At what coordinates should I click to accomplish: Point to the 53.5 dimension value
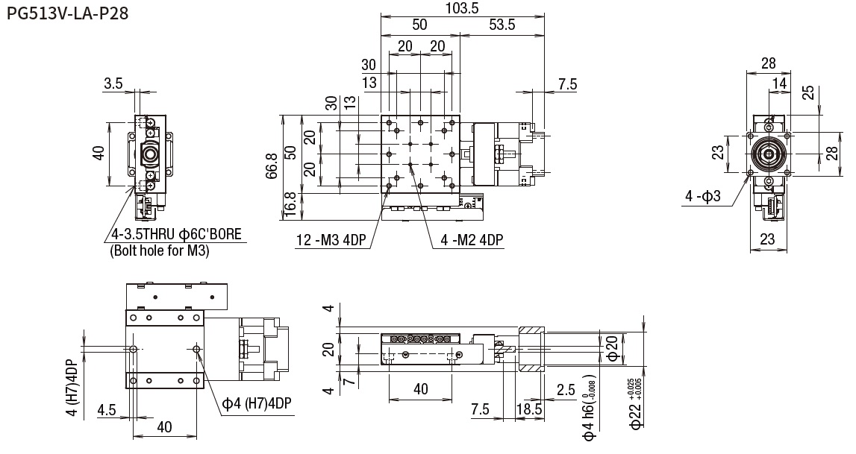[x=501, y=25]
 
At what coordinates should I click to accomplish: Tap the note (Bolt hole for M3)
[x=159, y=251]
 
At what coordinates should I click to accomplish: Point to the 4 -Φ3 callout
[x=703, y=197]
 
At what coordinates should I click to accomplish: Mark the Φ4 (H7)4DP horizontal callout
[x=257, y=403]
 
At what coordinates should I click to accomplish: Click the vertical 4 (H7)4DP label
[x=71, y=388]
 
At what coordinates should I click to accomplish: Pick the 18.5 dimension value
[x=528, y=409]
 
